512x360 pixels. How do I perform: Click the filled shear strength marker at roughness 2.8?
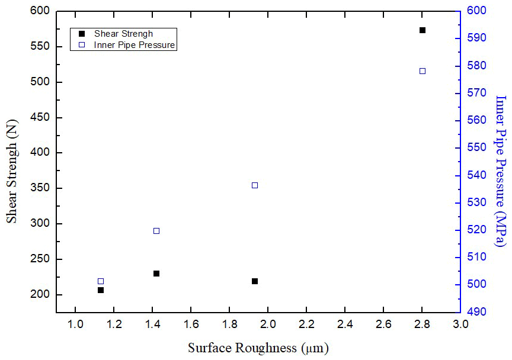pos(423,30)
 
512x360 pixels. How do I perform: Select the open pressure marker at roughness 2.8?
pos(423,71)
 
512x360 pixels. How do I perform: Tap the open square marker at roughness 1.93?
pos(255,185)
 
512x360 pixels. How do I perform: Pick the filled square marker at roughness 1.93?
pos(255,281)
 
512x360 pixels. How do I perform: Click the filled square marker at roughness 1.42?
pos(156,274)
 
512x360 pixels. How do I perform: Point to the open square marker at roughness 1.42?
pos(156,231)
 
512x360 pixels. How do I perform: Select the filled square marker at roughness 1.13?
pos(101,290)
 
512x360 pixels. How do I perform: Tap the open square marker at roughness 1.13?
pos(101,281)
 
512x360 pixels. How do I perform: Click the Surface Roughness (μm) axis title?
pos(258,348)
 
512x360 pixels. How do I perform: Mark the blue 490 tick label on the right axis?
pos(475,311)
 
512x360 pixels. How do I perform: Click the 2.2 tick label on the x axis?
pos(306,325)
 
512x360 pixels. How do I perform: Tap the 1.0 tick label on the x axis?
pos(75,325)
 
